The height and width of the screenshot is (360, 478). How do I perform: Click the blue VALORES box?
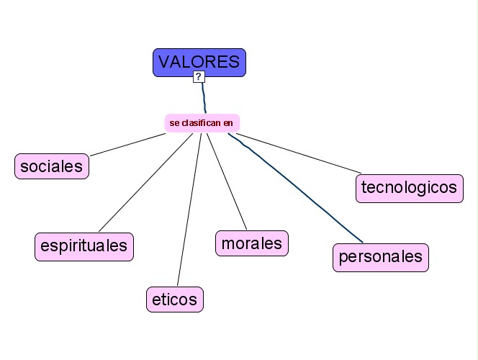click(199, 62)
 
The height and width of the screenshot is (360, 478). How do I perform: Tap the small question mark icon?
click(199, 76)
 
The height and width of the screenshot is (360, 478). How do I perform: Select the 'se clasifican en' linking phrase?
click(202, 123)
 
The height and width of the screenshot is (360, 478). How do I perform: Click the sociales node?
click(52, 166)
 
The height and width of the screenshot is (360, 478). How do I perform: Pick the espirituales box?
click(84, 246)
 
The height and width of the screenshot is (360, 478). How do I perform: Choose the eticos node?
click(175, 299)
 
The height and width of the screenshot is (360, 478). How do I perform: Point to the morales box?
click(252, 243)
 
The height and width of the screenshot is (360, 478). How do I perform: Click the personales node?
click(381, 257)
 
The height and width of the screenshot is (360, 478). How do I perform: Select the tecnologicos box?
click(409, 188)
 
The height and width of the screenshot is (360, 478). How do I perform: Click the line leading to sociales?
click(126, 144)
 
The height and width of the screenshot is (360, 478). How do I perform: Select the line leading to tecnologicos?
click(299, 154)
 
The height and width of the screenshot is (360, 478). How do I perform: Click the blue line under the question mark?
click(204, 97)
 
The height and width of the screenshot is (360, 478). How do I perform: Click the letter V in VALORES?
click(164, 62)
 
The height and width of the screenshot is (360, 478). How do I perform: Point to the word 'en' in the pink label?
click(228, 123)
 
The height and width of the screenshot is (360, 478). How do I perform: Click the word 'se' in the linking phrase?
click(174, 123)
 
